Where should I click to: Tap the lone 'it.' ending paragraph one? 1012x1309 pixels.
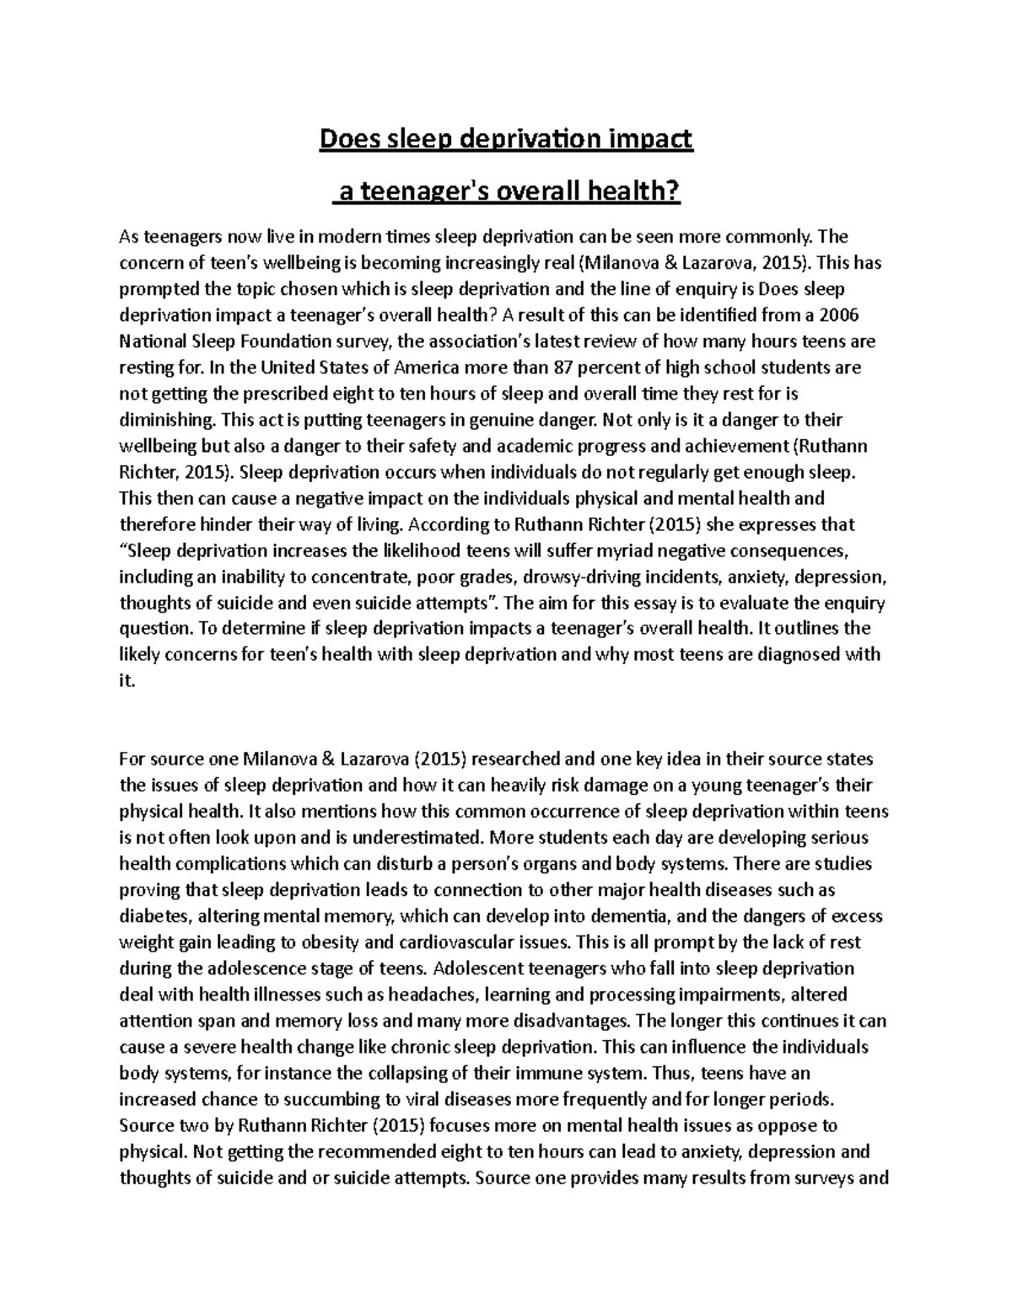click(126, 681)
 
